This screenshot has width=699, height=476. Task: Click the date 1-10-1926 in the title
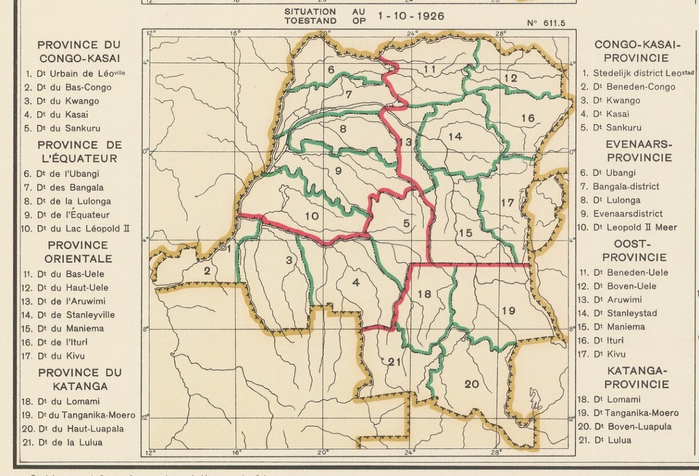[x=411, y=16]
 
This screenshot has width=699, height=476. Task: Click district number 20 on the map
[x=472, y=385]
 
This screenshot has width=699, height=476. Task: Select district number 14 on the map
[x=455, y=137]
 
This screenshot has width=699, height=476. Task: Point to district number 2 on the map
[x=207, y=270]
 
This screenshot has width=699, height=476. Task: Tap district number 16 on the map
[x=528, y=118]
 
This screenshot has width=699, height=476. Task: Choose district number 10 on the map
[x=311, y=216]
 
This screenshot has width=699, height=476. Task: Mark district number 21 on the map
[x=395, y=361]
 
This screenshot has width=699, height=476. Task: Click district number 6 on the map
[x=331, y=70]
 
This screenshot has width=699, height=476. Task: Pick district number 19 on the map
[x=508, y=311]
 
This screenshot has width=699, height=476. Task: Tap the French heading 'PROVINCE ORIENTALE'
[x=79, y=252]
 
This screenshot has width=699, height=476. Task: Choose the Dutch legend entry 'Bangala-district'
[x=626, y=186]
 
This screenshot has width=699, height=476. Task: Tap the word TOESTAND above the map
[x=311, y=21]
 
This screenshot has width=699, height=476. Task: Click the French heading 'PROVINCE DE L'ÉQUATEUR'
[x=79, y=151]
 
